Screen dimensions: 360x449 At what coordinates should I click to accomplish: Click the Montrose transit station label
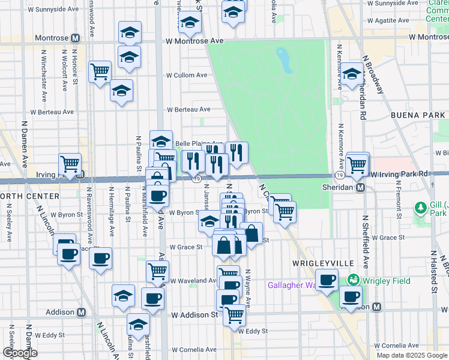tap(52, 38)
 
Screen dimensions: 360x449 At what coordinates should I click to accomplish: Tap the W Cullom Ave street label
tap(187, 76)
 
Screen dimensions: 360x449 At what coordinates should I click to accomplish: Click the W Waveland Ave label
tap(193, 280)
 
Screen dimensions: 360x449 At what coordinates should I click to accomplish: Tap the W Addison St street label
tap(194, 314)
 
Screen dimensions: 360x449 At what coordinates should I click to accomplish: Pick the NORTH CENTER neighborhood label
tap(29, 196)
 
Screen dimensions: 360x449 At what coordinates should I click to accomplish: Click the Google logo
tap(20, 353)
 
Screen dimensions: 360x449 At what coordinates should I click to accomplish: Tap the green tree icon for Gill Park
tap(421, 208)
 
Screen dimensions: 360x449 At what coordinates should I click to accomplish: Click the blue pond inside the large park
tap(283, 59)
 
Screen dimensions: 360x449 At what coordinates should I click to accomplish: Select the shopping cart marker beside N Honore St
tap(100, 72)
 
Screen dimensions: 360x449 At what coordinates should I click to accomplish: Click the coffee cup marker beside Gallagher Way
tap(327, 280)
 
